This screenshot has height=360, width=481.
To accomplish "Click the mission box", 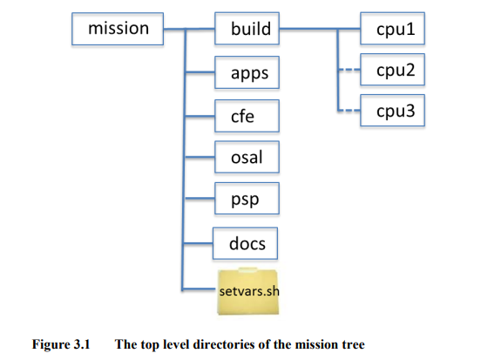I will pos(118,30).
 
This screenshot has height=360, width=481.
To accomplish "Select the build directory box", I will pos(250,30).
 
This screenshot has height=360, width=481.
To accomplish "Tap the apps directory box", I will pos(248,75).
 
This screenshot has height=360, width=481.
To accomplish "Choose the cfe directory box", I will pos(248,116).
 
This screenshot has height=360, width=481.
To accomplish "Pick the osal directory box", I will pos(248,158).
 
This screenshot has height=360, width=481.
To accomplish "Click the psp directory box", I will pos(248,200).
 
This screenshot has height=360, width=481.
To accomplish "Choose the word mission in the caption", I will pos(312,343).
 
